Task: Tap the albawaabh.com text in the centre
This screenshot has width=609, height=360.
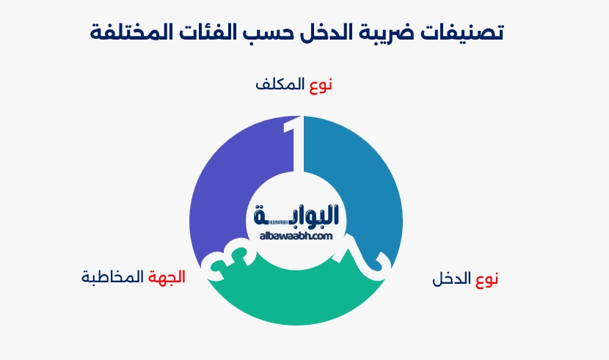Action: tap(296, 235)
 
